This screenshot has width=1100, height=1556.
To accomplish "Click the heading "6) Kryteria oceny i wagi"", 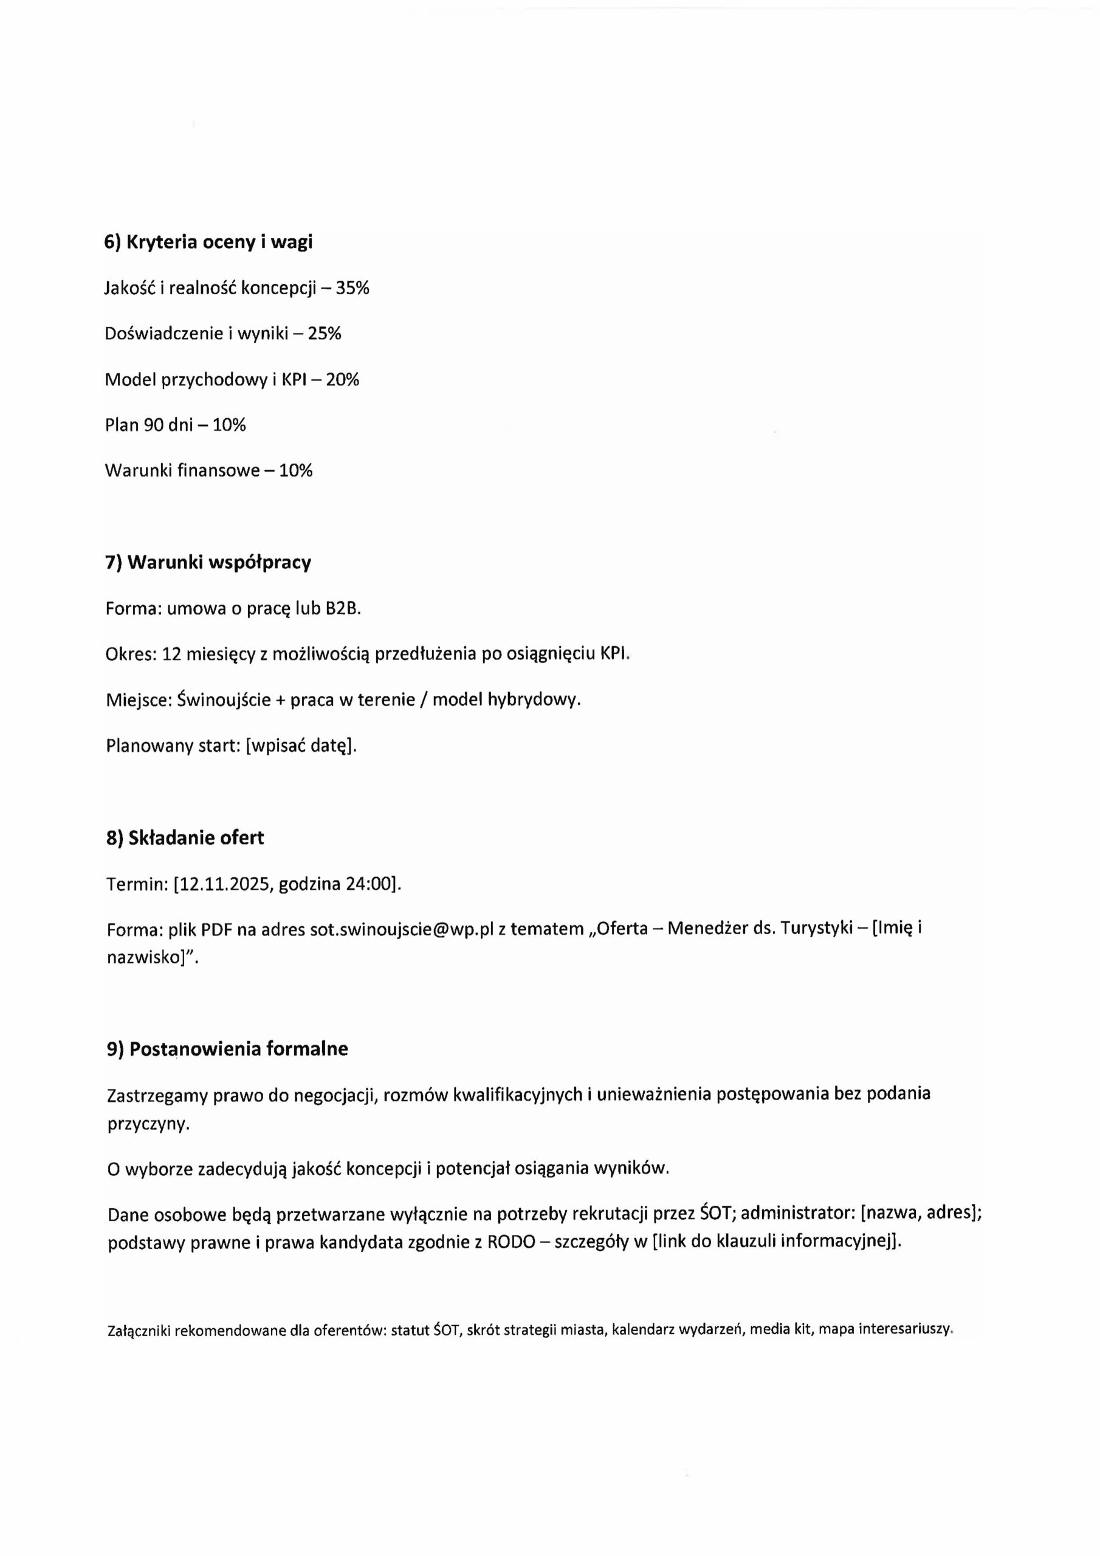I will tap(208, 242).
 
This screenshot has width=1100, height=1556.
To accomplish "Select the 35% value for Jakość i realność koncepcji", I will tap(352, 288).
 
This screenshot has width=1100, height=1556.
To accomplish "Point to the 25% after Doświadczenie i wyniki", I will tap(325, 334).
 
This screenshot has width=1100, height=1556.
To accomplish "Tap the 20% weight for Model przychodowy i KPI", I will tap(342, 379).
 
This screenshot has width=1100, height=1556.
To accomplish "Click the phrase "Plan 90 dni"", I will tap(149, 425).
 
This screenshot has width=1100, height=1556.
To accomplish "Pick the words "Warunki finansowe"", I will tap(182, 470).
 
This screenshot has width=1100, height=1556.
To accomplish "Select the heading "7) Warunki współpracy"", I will tap(208, 562).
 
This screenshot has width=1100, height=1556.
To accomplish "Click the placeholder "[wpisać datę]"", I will tap(300, 745).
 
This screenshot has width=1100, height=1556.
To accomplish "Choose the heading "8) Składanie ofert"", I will tap(185, 838).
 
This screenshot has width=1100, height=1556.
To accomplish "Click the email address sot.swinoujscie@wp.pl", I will tap(401, 929).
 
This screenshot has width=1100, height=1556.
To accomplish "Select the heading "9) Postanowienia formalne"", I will tap(227, 1049).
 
